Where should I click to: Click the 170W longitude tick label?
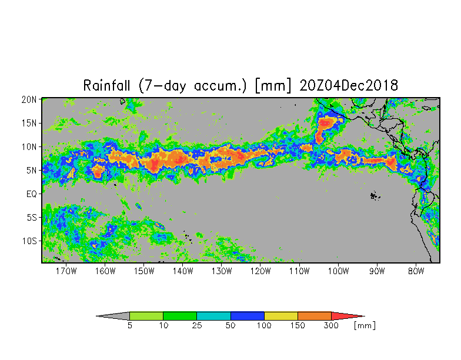click(x=66, y=271)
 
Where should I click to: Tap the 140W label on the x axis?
click(x=182, y=271)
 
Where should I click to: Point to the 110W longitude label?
click(x=299, y=271)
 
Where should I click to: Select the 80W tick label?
click(x=416, y=271)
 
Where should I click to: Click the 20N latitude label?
click(x=29, y=100)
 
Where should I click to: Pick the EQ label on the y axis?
click(x=32, y=194)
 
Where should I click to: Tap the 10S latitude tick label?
click(x=29, y=241)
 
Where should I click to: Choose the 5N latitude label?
click(x=32, y=171)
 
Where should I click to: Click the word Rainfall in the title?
click(x=106, y=86)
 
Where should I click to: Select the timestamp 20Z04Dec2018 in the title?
click(x=349, y=86)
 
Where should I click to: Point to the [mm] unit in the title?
click(x=273, y=86)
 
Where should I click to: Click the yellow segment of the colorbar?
click(x=281, y=316)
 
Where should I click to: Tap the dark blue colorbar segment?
click(x=247, y=316)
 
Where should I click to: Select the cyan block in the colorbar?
click(x=213, y=316)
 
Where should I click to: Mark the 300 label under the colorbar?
click(x=331, y=326)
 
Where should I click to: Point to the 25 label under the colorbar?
click(x=196, y=326)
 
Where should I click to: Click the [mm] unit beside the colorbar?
click(x=365, y=326)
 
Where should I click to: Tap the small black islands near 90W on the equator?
click(x=374, y=196)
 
